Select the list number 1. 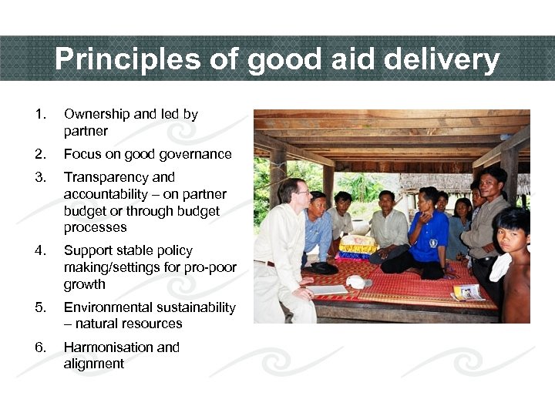pyautogui.click(x=41, y=114)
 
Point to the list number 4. pyautogui.click(x=41, y=250)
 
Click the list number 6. pyautogui.click(x=41, y=347)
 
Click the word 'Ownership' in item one pyautogui.click(x=96, y=114)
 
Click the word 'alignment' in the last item pyautogui.click(x=93, y=364)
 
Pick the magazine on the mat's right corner pyautogui.click(x=468, y=292)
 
